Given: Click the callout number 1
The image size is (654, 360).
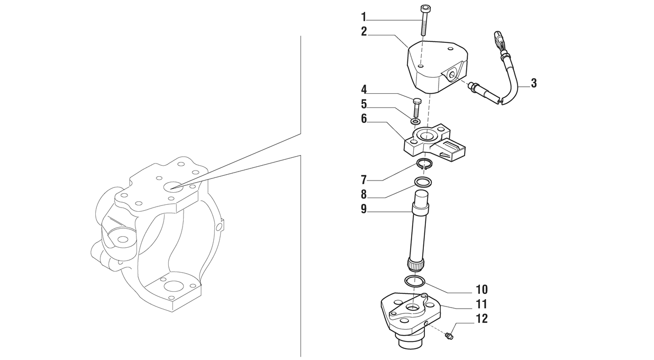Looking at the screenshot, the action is [364, 17].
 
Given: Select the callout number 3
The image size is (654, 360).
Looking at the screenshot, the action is [534, 83].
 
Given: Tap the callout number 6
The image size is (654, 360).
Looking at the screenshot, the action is [364, 119].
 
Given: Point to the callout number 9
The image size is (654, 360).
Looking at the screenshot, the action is [364, 209].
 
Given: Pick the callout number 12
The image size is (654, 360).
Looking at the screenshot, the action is [482, 319].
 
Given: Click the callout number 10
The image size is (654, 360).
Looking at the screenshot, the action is [482, 290].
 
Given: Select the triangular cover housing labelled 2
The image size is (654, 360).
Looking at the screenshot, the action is [438, 67].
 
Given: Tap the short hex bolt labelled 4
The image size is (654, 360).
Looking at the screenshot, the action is [416, 107].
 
